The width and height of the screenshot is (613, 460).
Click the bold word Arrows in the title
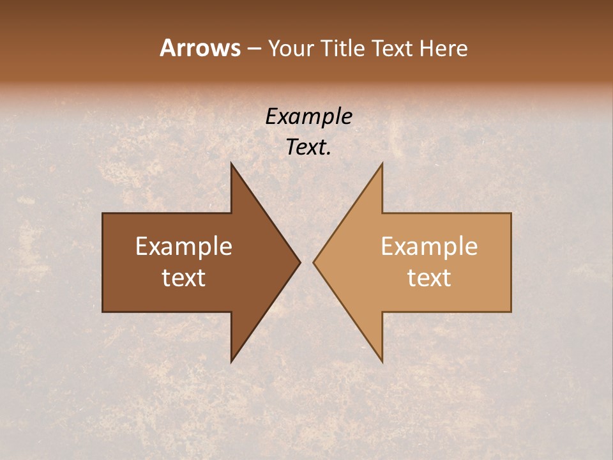tap(200, 48)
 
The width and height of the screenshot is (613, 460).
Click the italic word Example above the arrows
tap(308, 116)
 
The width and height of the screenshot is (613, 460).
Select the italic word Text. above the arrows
tap(308, 148)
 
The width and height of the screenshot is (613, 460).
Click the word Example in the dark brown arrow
tap(184, 247)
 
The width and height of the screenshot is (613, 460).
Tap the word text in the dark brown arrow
tap(184, 277)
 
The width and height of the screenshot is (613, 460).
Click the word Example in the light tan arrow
tap(429, 247)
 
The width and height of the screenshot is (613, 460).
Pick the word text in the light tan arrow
tap(429, 277)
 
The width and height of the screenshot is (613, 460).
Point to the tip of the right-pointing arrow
tap(300, 262)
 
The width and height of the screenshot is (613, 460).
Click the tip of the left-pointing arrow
tap(314, 262)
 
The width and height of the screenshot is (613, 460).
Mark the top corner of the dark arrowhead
tap(231, 164)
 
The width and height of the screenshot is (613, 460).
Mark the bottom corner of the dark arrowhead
tap(231, 362)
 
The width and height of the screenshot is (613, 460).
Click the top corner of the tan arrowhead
tap(382, 164)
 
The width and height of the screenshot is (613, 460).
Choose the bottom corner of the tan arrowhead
tap(382, 362)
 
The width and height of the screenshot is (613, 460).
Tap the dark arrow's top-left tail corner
tap(103, 213)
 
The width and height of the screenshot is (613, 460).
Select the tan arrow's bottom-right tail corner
tap(511, 311)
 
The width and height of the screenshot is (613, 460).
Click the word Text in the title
tap(393, 49)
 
